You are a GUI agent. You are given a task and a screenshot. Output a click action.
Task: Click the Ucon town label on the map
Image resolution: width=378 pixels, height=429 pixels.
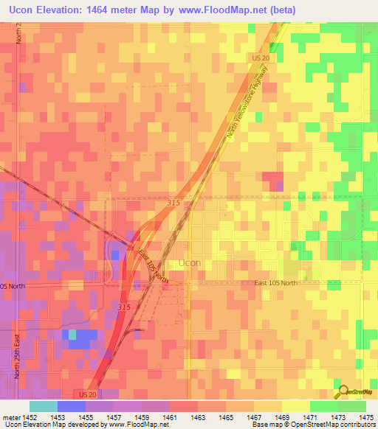point(190,262)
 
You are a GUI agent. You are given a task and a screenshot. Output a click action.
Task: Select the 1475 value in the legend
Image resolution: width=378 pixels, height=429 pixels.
point(365,416)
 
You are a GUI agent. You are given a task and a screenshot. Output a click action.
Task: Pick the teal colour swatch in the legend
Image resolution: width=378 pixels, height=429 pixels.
point(43,406)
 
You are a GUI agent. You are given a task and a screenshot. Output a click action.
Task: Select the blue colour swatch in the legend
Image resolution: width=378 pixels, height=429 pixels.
point(71,406)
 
